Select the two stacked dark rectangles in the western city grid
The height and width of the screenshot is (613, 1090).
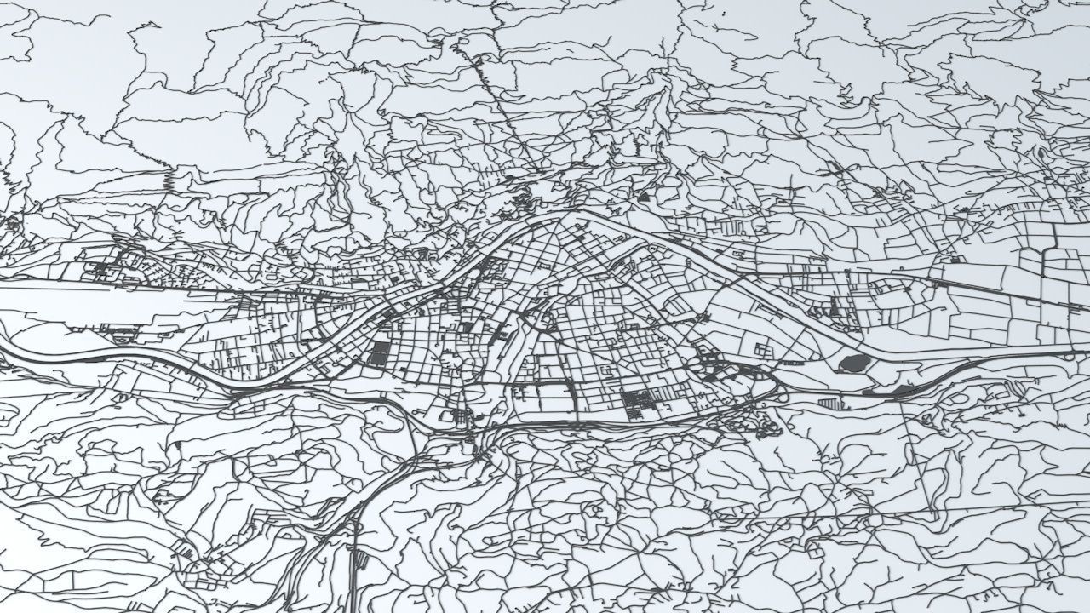(378, 353)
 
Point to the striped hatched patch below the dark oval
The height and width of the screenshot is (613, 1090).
(829, 402)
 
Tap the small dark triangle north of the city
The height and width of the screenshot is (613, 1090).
(644, 197)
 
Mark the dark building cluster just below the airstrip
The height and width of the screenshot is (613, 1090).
(119, 329)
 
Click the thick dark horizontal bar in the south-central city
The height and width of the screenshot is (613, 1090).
(545, 385)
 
